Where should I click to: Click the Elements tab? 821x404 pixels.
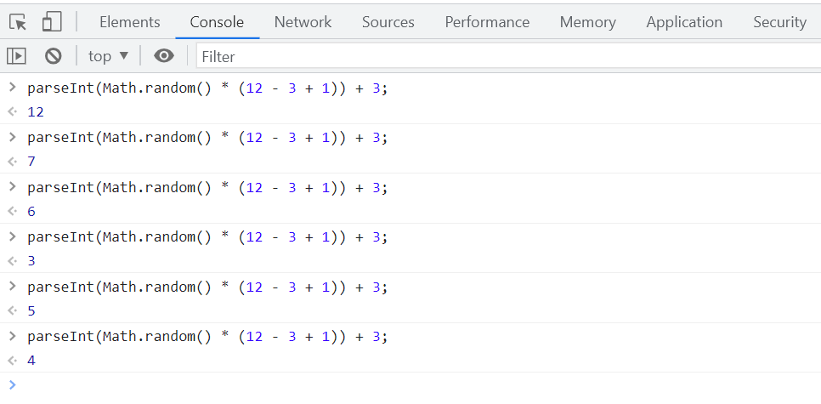click(129, 22)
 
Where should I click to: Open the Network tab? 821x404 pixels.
click(302, 22)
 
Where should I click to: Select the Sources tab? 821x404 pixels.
click(388, 22)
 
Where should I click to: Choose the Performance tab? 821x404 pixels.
click(487, 22)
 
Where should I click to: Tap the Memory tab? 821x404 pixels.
click(587, 22)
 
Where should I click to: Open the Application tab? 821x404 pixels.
click(683, 22)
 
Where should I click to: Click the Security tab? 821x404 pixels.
click(779, 22)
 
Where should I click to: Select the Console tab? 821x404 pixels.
click(217, 22)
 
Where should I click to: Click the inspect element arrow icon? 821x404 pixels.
click(18, 22)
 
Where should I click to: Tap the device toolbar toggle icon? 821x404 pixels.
click(52, 22)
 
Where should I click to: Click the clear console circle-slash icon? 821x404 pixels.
click(54, 56)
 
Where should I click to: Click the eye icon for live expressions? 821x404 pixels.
click(164, 56)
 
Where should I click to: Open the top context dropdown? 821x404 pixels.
click(108, 56)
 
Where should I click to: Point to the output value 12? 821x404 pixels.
click(36, 111)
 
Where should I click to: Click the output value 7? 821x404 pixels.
click(31, 161)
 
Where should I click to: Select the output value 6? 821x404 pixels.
click(31, 211)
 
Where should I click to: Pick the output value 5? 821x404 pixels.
click(31, 310)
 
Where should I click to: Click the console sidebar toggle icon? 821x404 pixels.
click(16, 56)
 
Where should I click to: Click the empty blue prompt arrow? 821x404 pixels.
click(11, 384)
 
